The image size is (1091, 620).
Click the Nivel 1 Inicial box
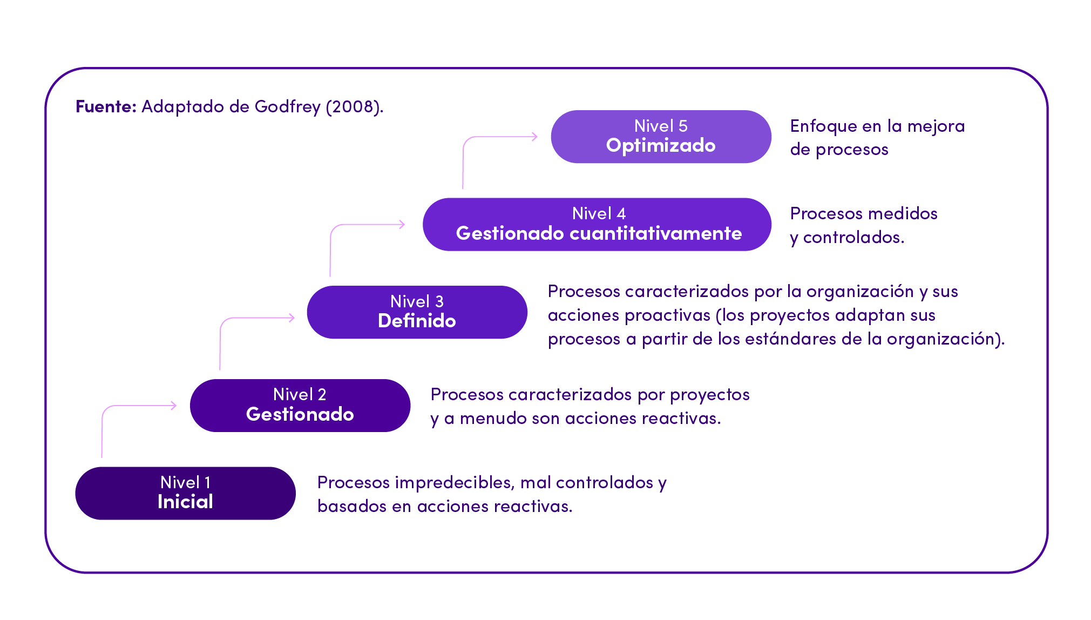(x=185, y=493)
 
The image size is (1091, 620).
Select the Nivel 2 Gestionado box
(x=300, y=405)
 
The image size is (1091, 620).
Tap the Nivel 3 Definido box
(x=417, y=312)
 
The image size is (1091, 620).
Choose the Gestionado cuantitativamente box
(x=597, y=224)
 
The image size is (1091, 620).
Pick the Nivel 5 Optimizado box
(x=661, y=137)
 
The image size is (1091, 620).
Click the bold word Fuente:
(x=106, y=106)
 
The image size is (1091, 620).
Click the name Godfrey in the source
(x=287, y=107)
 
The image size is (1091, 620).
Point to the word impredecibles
(x=454, y=482)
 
